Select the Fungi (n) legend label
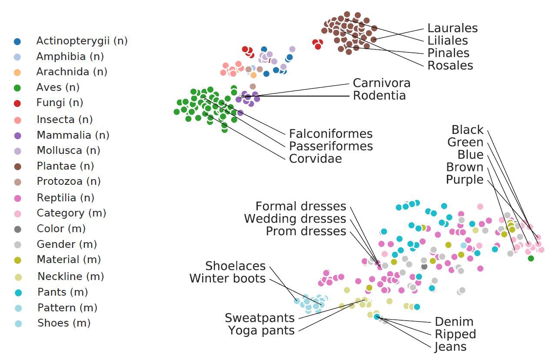click(x=60, y=103)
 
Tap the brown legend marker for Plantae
click(x=17, y=166)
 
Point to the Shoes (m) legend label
click(x=64, y=323)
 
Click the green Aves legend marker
click(x=17, y=88)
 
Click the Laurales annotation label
click(x=452, y=28)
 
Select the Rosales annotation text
click(x=450, y=65)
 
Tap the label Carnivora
click(x=381, y=83)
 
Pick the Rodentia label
click(x=379, y=95)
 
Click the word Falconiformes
click(x=331, y=133)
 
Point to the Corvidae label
click(x=315, y=158)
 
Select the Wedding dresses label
click(x=295, y=218)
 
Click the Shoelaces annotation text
click(x=235, y=266)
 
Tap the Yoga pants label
click(x=261, y=330)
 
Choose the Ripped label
click(x=455, y=334)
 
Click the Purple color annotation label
click(x=465, y=180)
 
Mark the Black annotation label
click(x=467, y=130)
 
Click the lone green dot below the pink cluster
click(x=530, y=258)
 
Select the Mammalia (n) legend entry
click(x=73, y=135)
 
